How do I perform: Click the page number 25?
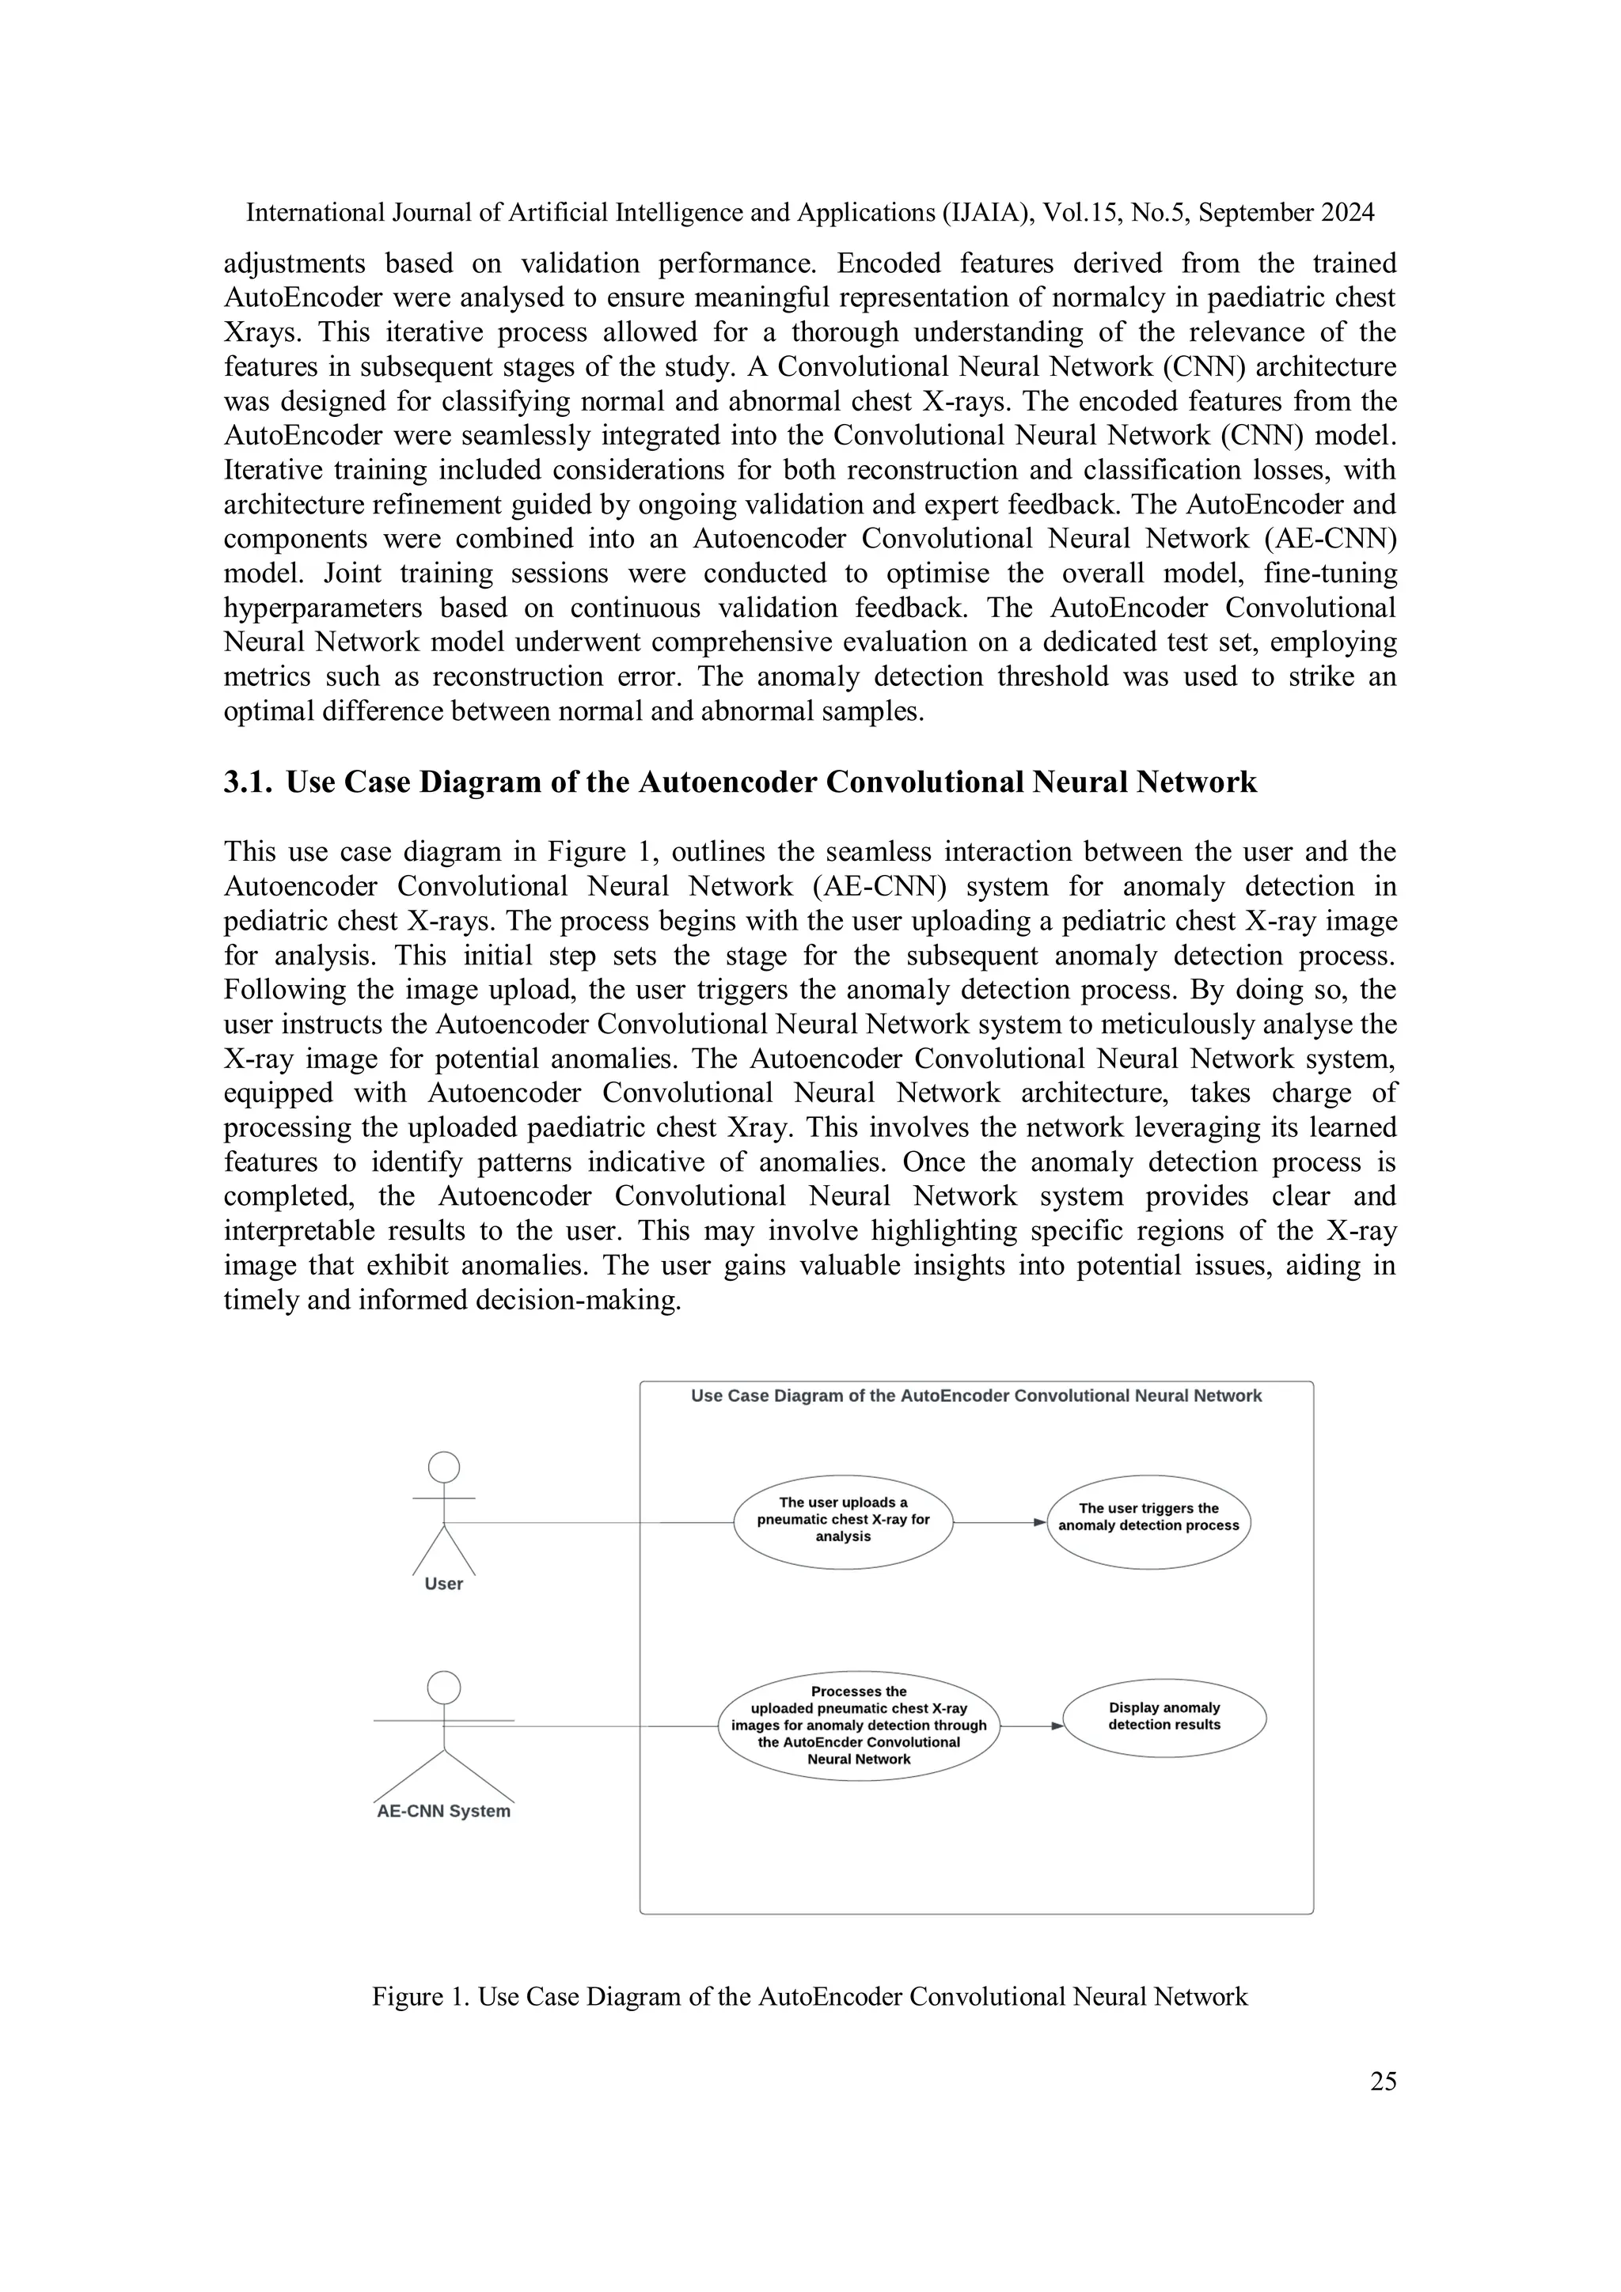(1382, 2081)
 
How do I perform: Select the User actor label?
(443, 1583)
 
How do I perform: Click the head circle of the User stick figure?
(443, 1467)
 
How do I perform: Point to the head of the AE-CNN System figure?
(443, 1687)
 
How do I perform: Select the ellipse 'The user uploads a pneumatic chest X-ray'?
(843, 1521)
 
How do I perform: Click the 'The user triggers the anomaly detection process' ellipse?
(1148, 1521)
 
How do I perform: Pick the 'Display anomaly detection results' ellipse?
(1164, 1719)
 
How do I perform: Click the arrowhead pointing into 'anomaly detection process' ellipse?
(1038, 1522)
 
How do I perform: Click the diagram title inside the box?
(976, 1396)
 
